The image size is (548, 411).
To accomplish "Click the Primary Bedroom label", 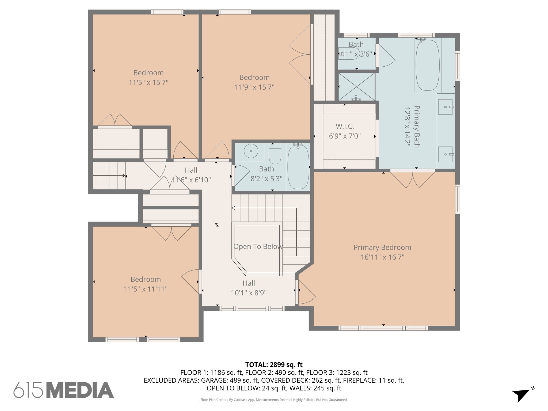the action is pos(382,248).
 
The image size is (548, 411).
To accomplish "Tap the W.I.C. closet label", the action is pos(345,126).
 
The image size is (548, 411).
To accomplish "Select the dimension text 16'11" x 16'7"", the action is pos(382,257).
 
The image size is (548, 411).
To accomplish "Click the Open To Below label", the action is pos(258,246).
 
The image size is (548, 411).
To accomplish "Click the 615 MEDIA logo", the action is pos(64,390).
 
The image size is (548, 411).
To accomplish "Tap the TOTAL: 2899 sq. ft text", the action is pos(274,365).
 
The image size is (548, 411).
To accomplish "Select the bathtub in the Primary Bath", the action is pos(427,65).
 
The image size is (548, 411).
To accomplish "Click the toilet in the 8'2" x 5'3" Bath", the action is pos(275,154).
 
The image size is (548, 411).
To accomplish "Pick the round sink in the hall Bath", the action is pos(251,151).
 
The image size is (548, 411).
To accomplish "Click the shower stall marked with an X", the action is pos(357,87).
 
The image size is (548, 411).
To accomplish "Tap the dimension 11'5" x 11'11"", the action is pos(146,289).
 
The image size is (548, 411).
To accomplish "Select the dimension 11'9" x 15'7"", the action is pos(254,87).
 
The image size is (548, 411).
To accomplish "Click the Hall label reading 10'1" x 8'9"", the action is pos(249,288).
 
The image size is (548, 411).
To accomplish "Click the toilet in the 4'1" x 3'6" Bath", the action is pos(349,53).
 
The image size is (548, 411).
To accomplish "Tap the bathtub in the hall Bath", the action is pos(298,167).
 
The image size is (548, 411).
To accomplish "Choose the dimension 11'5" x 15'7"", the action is pos(149,82).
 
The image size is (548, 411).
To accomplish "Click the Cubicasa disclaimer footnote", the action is pos(274,400).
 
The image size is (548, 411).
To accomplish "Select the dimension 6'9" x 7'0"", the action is pos(345,136).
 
